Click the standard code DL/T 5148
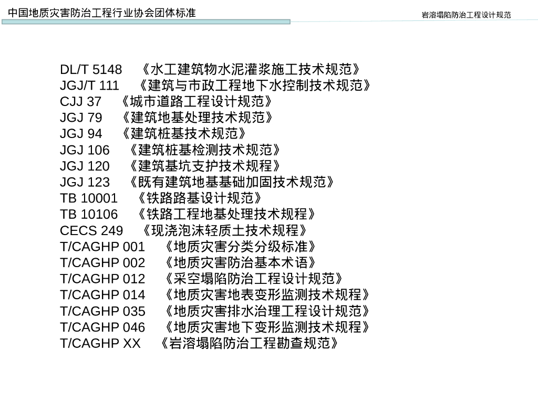(x=91, y=69)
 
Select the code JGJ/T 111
(x=89, y=86)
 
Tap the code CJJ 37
(x=80, y=101)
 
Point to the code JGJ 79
(x=81, y=118)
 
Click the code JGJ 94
(x=81, y=134)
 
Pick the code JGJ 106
(x=85, y=150)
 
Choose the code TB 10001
(x=89, y=198)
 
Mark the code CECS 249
(x=91, y=230)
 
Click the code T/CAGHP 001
(x=102, y=247)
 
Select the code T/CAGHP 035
(x=102, y=311)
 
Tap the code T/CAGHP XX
(x=100, y=343)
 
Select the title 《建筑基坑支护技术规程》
(x=204, y=166)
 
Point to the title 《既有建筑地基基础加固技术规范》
(x=232, y=182)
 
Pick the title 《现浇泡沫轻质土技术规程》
(x=225, y=230)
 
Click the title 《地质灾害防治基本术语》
(x=240, y=262)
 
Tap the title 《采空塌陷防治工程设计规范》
(x=254, y=279)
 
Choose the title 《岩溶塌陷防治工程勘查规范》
(x=247, y=343)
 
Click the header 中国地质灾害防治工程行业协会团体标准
(x=102, y=12)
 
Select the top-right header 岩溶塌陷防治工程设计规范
(x=467, y=15)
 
